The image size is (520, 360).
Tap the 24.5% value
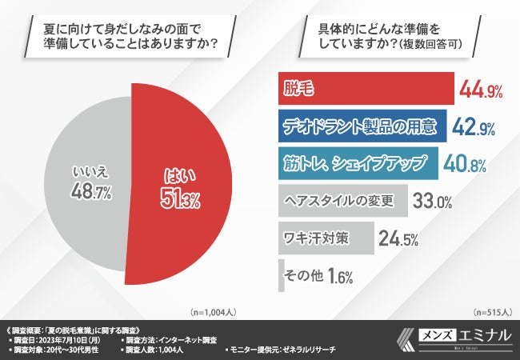pos(400,238)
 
